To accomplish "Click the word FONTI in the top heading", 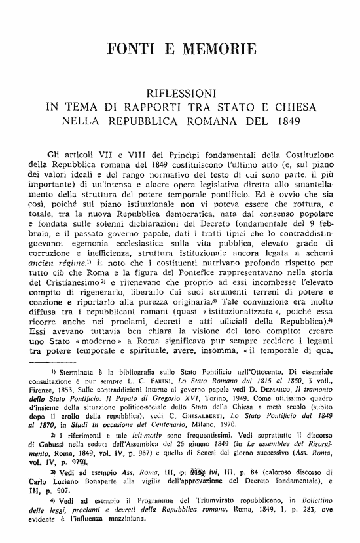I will click(130, 48).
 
